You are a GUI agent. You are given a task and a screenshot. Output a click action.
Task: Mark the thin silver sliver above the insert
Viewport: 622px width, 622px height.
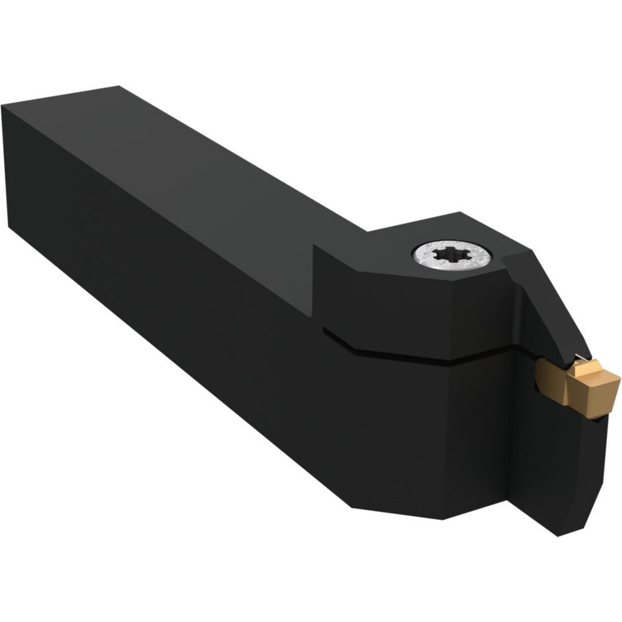(x=578, y=357)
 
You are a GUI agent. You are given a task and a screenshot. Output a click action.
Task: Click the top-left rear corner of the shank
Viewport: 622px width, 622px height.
(x=4, y=107)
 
